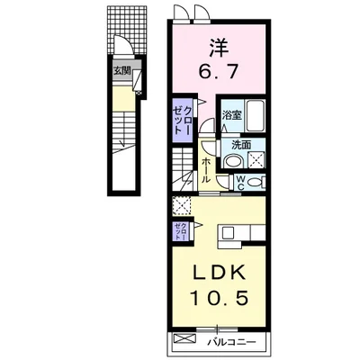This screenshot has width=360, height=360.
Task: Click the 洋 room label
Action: coord(220,49)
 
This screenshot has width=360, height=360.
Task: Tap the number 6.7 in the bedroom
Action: coord(219,72)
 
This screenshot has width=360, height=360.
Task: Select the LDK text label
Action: coord(219,273)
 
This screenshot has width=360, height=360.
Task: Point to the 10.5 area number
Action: coord(220,299)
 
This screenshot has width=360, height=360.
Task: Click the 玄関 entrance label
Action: coord(121,71)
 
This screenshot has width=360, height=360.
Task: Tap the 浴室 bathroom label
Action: coord(232,115)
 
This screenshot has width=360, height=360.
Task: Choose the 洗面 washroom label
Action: coord(241,145)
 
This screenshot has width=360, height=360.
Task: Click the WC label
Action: coord(240,183)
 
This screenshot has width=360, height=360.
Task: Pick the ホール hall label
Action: coord(206,171)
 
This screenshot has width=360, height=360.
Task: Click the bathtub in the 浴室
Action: coord(255,115)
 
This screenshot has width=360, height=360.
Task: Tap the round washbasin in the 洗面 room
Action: coord(234,160)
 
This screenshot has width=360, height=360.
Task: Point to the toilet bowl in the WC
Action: coord(255,183)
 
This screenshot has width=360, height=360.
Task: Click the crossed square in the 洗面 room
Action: coord(256,159)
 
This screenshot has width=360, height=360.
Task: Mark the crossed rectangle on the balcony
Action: coord(184,339)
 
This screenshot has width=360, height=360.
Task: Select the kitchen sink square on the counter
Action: coord(227,232)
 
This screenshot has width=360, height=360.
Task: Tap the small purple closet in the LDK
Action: coord(181,231)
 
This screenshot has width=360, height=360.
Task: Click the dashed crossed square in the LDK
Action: coord(182,205)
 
